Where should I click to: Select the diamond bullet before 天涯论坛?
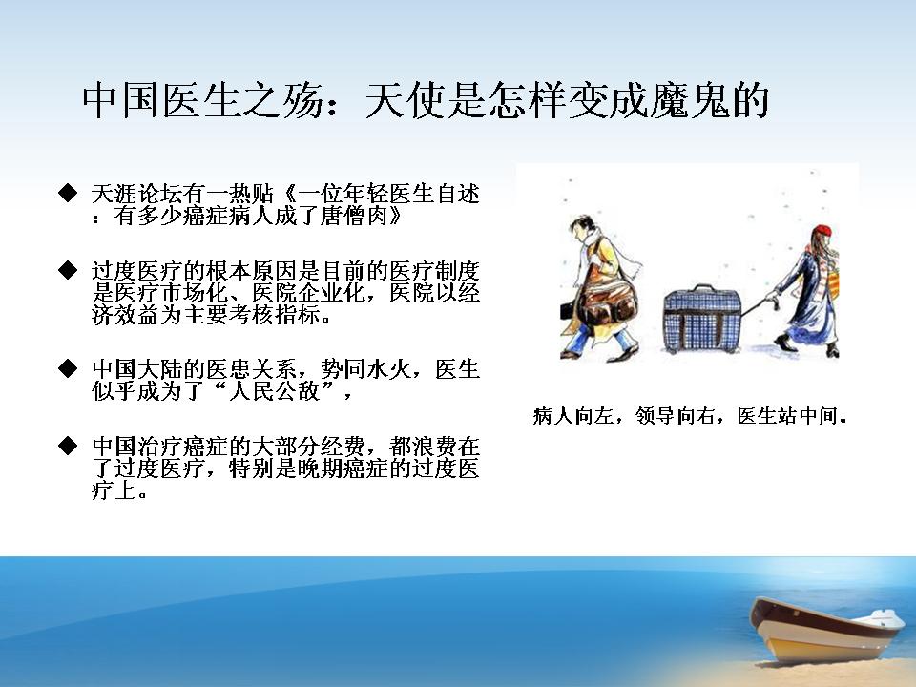point(68,193)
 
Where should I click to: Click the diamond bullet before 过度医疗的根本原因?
point(68,270)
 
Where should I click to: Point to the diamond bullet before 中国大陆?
point(68,368)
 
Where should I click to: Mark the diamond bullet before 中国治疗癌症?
point(68,446)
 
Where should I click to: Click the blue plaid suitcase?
point(702,321)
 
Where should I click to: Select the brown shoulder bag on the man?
point(608,302)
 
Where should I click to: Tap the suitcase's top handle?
point(703,289)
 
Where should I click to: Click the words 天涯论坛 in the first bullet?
point(137,194)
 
